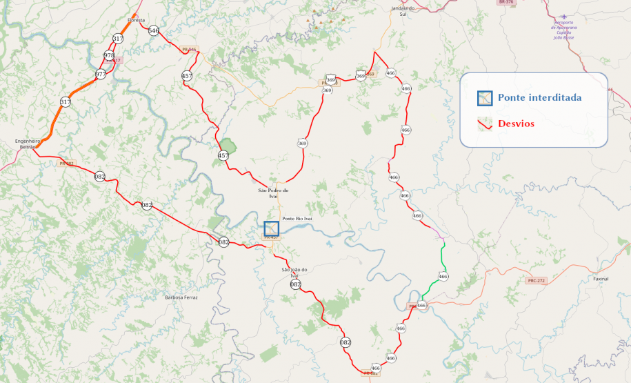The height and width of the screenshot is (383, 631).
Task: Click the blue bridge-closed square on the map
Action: click(x=272, y=229)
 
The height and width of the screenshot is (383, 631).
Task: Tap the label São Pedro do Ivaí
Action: click(x=273, y=193)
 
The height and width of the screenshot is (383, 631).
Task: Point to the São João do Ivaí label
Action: click(x=294, y=272)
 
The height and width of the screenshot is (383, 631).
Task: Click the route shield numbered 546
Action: click(x=153, y=30)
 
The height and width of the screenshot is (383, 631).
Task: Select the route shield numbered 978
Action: click(x=109, y=55)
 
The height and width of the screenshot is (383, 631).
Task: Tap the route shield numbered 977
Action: click(x=101, y=74)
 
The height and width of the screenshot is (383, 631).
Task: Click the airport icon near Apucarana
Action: click(x=565, y=17)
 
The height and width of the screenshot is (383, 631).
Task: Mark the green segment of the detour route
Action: click(x=442, y=266)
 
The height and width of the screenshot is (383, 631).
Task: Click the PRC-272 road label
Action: click(x=536, y=281)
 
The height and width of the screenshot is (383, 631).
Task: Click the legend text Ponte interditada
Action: click(x=540, y=97)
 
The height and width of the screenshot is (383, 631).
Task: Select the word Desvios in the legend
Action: click(x=516, y=124)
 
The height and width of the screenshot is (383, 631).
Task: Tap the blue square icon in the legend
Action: click(x=485, y=97)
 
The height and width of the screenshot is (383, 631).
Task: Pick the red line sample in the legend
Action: click(x=485, y=124)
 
